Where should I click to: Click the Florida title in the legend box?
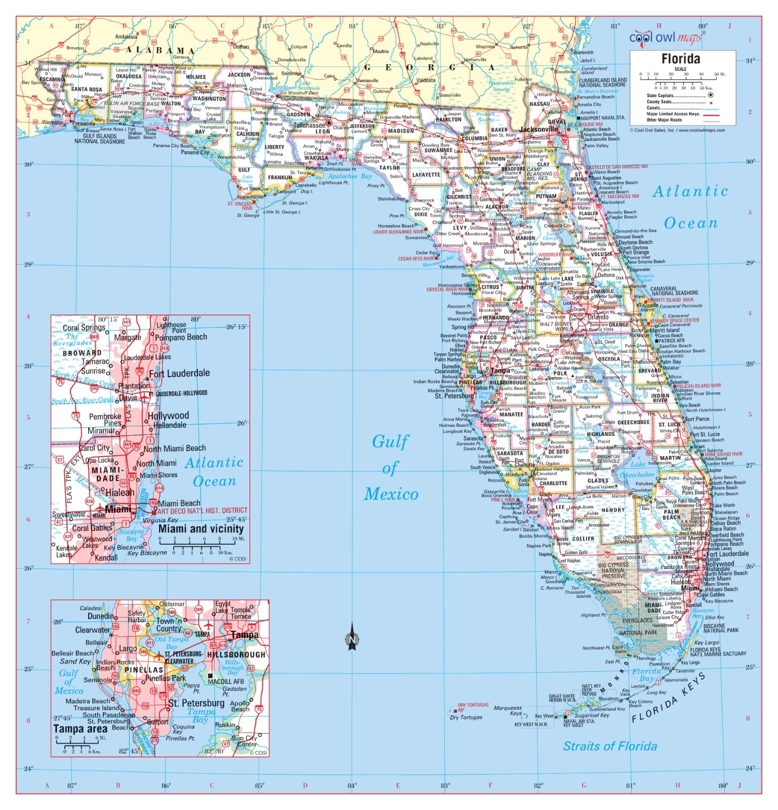click(680, 59)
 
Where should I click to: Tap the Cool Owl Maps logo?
click(666, 37)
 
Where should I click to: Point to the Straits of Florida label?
click(610, 746)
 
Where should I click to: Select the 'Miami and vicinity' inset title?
click(201, 529)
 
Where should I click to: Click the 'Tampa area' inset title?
click(80, 729)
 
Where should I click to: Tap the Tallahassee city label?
click(309, 125)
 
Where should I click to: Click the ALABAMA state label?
click(160, 50)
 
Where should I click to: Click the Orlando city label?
click(598, 317)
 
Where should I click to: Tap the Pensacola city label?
click(84, 124)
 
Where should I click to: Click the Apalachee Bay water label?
click(349, 176)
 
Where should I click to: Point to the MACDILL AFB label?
click(226, 681)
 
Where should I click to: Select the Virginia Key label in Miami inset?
click(160, 520)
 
